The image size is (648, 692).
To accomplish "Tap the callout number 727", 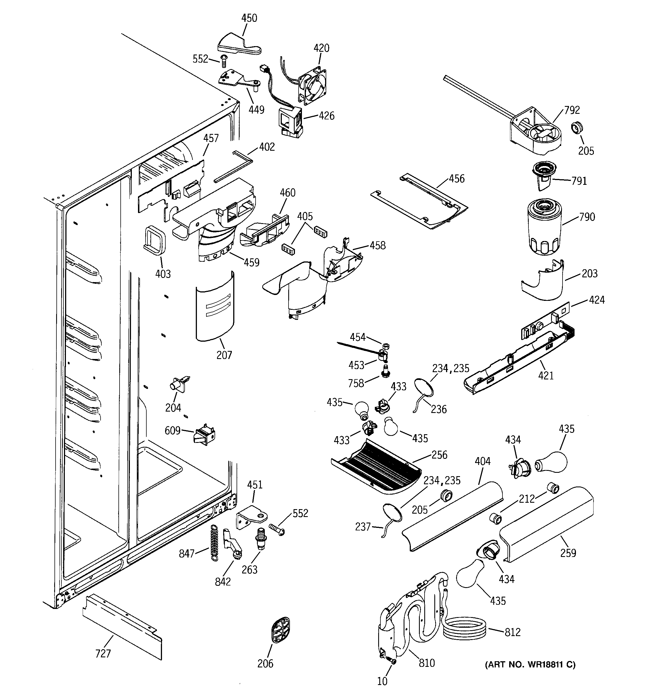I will click(103, 654).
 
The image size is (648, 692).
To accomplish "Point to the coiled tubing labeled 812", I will click(464, 629).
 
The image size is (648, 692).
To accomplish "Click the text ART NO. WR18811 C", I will click(530, 665).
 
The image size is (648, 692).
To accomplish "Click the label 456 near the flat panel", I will click(456, 179).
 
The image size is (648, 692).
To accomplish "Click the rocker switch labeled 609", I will click(204, 435).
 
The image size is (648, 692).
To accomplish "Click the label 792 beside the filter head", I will click(572, 110).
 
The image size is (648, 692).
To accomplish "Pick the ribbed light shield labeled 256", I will click(377, 466).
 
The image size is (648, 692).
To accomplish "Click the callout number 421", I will click(545, 375).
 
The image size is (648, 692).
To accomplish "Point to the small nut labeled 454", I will click(385, 346).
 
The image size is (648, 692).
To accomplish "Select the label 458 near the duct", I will click(377, 245).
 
